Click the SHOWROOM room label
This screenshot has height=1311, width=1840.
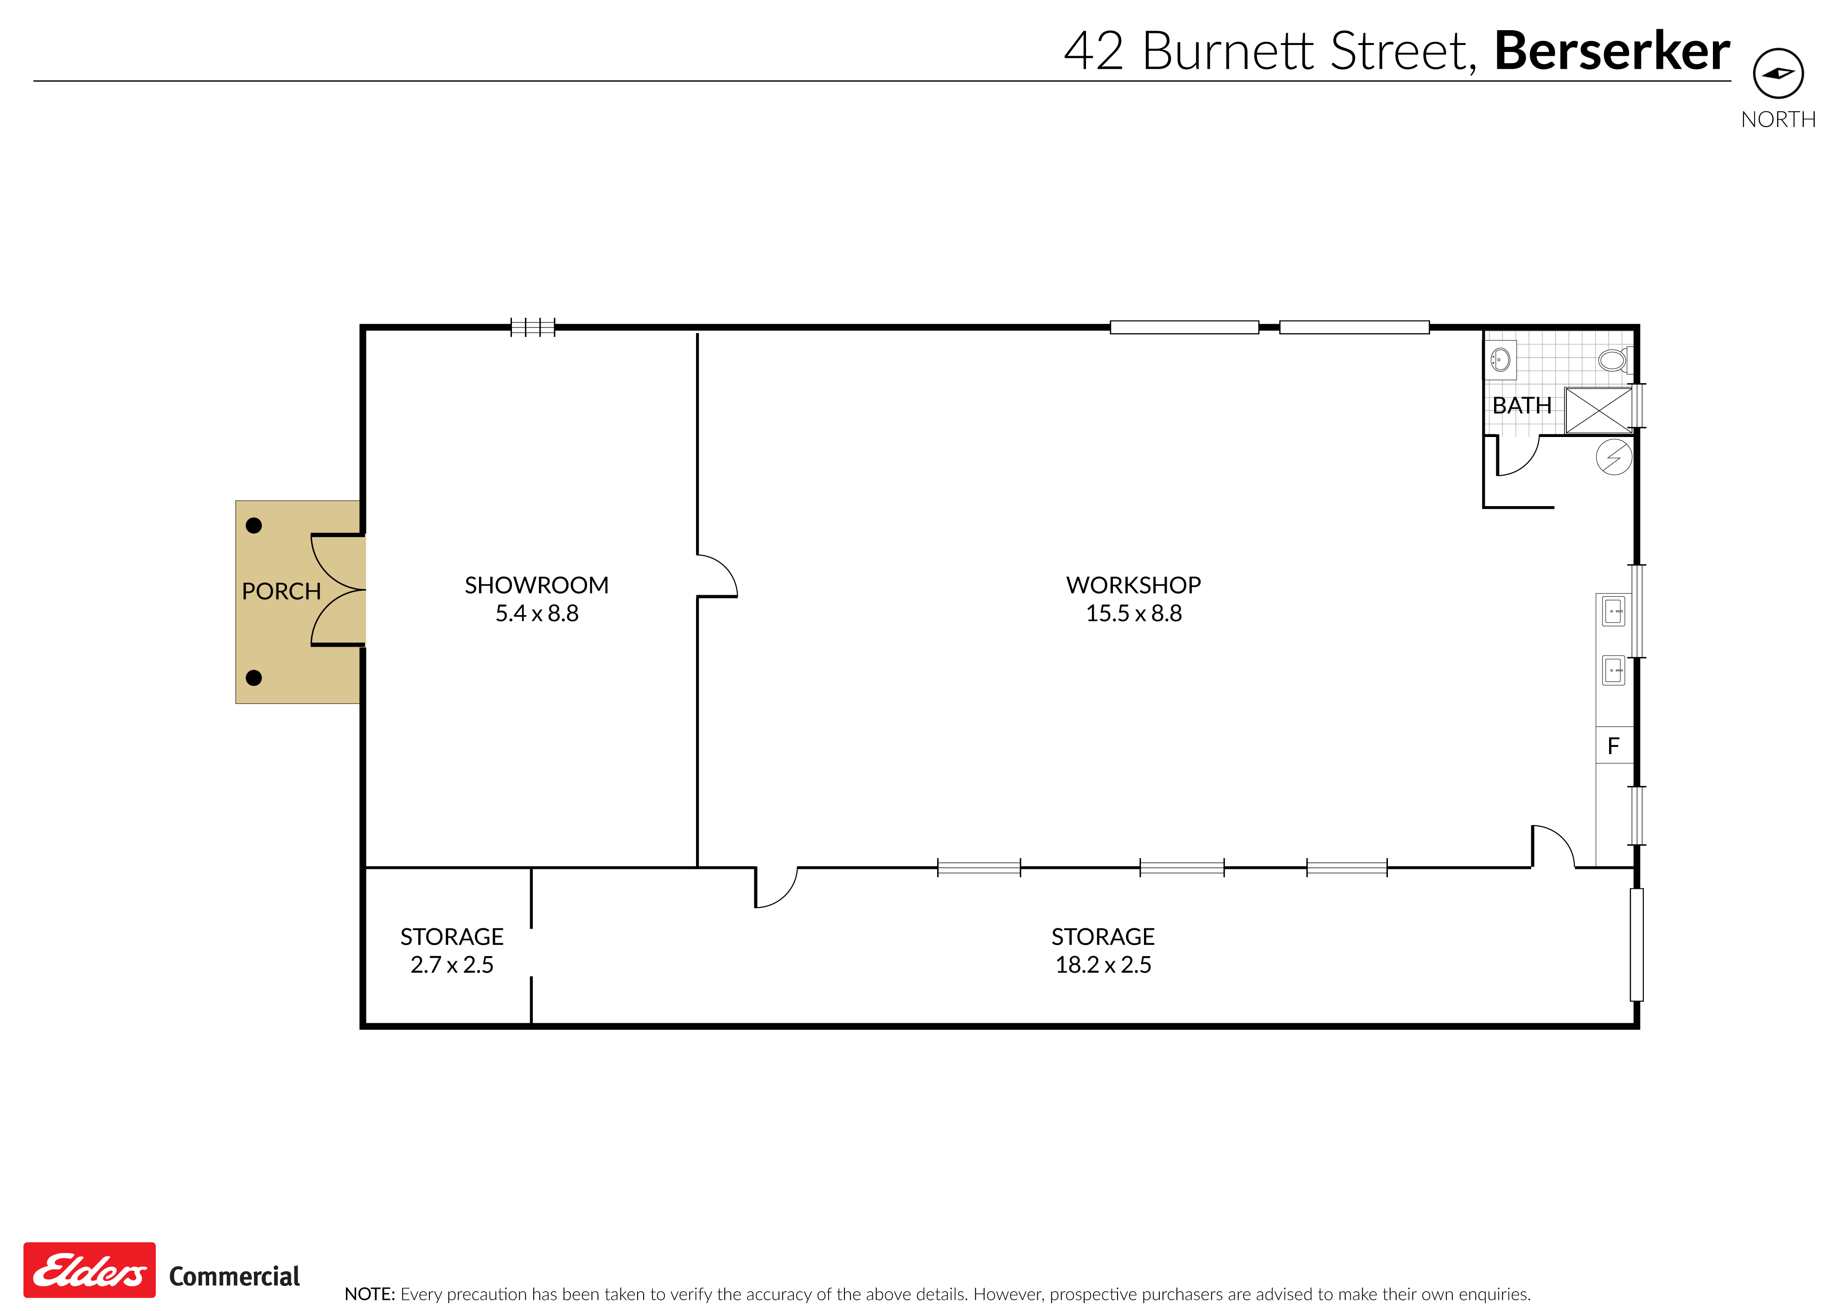coord(537,585)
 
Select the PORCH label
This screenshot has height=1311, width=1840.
coord(281,592)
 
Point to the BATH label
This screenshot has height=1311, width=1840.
coord(1521,405)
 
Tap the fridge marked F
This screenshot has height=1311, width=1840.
coord(1614,745)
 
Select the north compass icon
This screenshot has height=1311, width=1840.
coord(1778,73)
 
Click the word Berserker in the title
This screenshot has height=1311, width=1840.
coord(1611,51)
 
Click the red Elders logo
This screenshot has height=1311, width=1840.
coord(89,1270)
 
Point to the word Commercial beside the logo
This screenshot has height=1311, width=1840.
coord(234,1276)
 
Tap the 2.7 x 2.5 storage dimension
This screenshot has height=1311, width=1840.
coord(452,964)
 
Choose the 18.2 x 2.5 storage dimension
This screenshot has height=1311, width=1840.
coord(1103,964)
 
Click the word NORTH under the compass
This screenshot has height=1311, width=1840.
coord(1778,120)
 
